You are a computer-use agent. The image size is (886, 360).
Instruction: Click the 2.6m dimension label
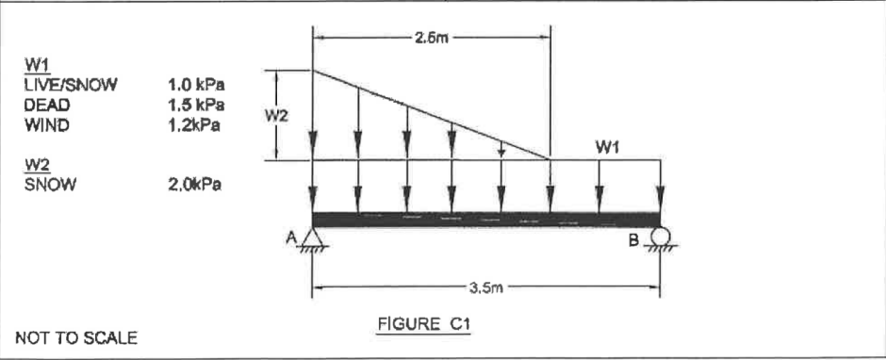click(x=431, y=39)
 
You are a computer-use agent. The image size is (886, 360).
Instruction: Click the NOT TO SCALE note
click(x=75, y=337)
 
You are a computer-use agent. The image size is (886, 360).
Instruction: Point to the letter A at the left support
click(x=292, y=238)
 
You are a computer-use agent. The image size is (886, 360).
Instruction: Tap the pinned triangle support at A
click(x=312, y=240)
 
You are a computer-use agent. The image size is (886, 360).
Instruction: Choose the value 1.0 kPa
click(x=199, y=85)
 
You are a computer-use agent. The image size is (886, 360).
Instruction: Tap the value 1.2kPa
click(x=196, y=123)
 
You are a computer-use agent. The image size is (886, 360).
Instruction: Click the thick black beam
click(x=485, y=220)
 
